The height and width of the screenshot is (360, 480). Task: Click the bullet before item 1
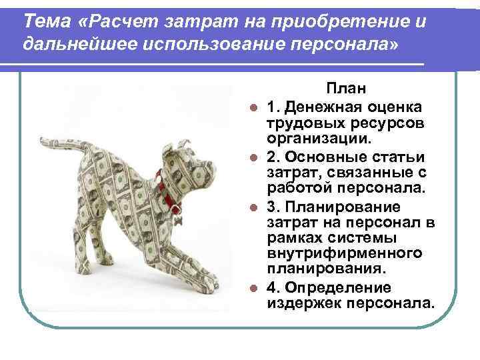[x=253, y=107]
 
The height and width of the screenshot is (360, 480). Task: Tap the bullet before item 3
[x=253, y=207]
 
